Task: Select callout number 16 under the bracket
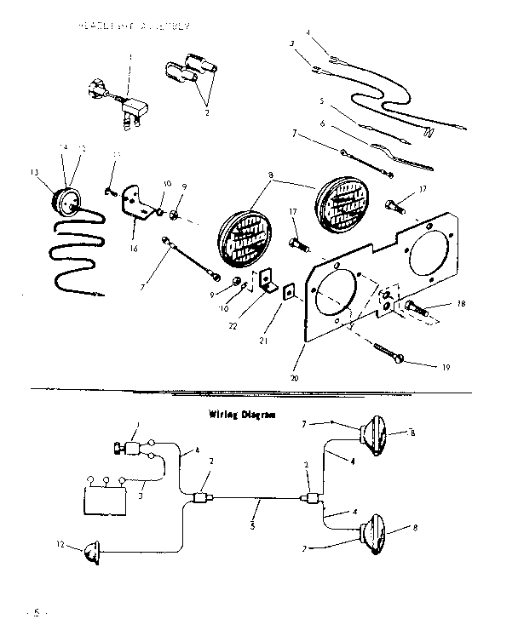coord(133,249)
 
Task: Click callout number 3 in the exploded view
coord(291,43)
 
